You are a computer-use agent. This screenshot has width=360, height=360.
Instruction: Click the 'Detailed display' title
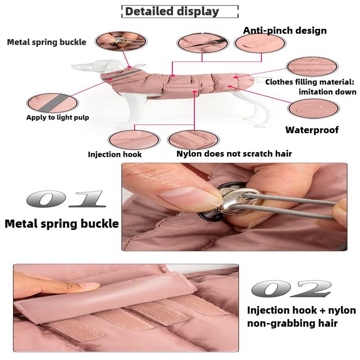tap(172, 12)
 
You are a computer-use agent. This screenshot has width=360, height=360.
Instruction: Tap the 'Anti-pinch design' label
tap(285, 31)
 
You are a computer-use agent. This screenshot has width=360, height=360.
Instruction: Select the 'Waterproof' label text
tap(312, 130)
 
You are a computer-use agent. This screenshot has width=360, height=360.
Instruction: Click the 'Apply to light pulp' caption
tap(58, 117)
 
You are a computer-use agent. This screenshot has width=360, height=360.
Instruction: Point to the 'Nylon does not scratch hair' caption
tap(234, 153)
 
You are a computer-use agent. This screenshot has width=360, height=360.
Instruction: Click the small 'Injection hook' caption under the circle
tap(115, 154)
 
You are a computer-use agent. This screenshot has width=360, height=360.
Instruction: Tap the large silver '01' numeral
tap(66, 199)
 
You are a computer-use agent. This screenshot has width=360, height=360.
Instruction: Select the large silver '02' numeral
tap(292, 288)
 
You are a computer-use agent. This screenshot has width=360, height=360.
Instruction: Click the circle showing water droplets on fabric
tap(313, 108)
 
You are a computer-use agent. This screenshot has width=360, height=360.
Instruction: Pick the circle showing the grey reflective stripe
tap(52, 103)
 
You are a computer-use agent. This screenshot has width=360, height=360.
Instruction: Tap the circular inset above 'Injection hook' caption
tap(134, 140)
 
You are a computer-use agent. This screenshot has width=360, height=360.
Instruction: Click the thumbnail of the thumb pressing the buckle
tap(121, 41)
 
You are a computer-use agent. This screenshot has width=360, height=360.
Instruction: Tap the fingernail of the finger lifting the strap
tap(89, 285)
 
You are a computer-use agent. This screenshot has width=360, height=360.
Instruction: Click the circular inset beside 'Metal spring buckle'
tap(121, 41)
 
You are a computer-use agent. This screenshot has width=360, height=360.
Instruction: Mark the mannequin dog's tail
tap(259, 81)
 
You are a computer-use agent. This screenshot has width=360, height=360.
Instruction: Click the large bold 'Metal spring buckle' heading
tap(62, 224)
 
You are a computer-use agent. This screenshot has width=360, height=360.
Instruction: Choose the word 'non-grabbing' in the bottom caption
tap(280, 324)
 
